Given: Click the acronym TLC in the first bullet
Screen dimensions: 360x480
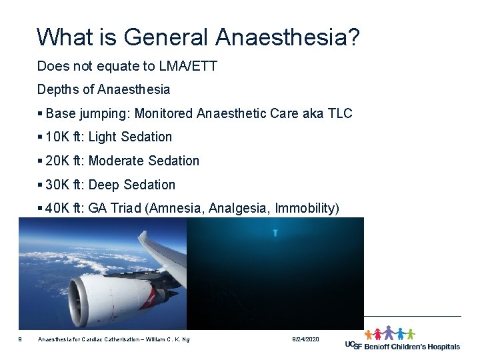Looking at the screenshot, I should coord(340,113).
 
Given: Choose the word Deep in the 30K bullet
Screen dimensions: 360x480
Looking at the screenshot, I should coord(102,185).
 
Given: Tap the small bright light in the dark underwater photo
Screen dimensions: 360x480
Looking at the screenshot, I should coord(275,233).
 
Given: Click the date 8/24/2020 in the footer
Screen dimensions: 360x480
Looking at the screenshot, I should coord(306,340).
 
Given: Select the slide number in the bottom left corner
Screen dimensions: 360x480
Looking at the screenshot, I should coord(21,340).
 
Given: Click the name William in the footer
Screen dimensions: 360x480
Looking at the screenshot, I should coord(154,340).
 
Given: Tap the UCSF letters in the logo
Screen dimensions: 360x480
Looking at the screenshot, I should coord(355,345).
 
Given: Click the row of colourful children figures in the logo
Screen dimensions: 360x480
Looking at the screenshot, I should coord(389,333).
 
